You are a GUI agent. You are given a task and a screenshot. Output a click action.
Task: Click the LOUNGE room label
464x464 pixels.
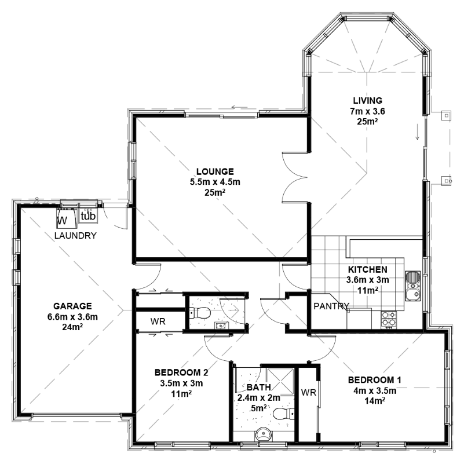(215, 171)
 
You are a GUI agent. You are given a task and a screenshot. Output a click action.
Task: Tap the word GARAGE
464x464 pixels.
(72, 306)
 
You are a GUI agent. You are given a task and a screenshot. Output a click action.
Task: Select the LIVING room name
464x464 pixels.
(367, 101)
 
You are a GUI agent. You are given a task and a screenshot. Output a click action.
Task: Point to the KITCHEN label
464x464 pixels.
(367, 269)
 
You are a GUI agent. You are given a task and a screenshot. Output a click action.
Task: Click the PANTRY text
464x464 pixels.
(331, 306)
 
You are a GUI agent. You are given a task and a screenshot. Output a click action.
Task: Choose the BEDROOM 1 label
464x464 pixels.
(375, 380)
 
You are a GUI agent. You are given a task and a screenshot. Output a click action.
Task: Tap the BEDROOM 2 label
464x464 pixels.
(181, 372)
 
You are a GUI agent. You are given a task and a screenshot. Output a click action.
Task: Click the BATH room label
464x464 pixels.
(258, 387)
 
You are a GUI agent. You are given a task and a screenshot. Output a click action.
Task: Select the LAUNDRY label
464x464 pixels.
(75, 236)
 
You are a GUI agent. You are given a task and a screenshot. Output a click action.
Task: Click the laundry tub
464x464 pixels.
(88, 215)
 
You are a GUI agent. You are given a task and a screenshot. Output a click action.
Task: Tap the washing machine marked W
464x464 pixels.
(67, 218)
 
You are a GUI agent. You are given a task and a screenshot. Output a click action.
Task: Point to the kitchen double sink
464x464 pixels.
(412, 286)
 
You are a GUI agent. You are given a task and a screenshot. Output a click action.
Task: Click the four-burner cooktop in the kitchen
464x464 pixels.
(389, 320)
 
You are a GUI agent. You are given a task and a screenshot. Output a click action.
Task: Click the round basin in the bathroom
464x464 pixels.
(264, 434)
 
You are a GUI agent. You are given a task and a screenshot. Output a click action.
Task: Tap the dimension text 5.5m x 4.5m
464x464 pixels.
(215, 182)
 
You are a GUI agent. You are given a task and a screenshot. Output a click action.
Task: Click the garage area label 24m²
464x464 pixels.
(72, 327)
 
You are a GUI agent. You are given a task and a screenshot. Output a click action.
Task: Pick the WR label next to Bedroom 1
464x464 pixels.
(309, 393)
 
